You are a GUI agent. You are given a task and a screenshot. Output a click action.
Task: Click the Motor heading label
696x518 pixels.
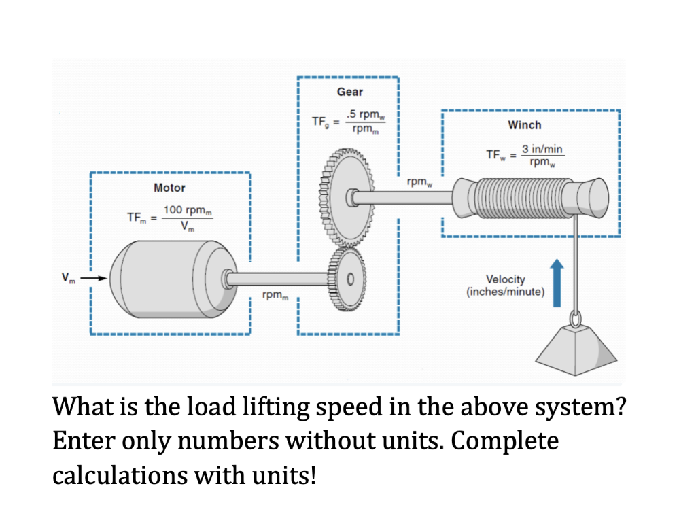pos(169,188)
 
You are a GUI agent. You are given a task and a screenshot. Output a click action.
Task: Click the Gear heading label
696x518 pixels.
pos(350,92)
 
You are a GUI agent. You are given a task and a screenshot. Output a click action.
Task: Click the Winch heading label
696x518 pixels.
pos(525,125)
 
